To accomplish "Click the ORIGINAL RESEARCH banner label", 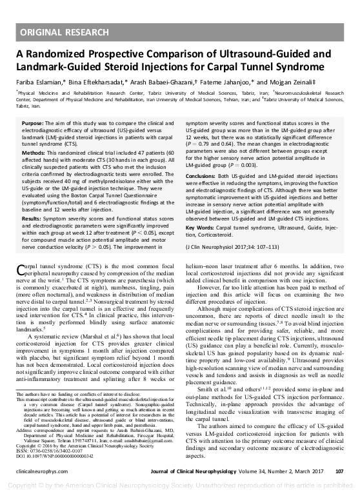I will tap(63, 32).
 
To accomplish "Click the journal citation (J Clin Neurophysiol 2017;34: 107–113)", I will tap(236, 247).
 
